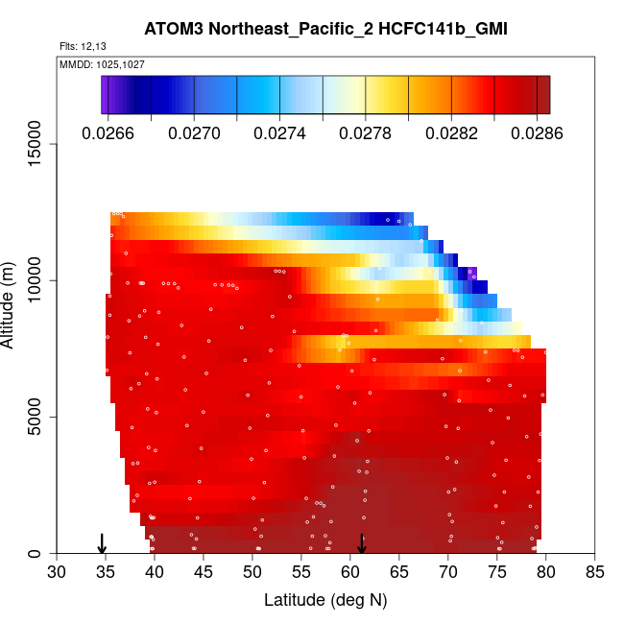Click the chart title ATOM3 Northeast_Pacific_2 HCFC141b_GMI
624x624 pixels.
pos(325,29)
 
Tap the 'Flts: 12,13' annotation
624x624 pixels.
pos(81,47)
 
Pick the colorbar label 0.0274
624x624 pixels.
pos(280,132)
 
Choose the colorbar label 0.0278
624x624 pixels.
pos(365,132)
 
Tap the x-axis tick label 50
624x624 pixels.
pos(252,573)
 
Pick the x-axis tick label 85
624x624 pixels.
pos(595,573)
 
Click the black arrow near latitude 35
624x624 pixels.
pos(103,544)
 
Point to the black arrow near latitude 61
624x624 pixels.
pos(362,544)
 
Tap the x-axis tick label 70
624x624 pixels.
pos(448,573)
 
